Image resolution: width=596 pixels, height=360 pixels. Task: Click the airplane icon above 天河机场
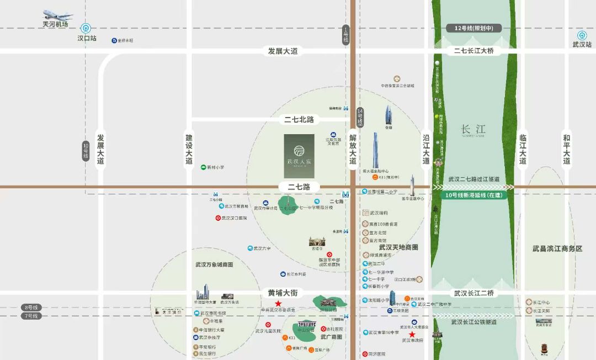click(57, 15)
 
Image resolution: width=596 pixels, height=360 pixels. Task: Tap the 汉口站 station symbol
click(86, 28)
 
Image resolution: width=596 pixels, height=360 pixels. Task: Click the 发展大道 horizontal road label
click(283, 51)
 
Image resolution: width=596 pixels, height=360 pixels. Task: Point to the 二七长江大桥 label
click(473, 51)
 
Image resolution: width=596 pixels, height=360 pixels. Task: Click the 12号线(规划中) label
click(473, 28)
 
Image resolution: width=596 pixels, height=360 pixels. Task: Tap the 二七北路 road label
click(299, 119)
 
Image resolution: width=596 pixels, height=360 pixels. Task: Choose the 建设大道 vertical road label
click(189, 149)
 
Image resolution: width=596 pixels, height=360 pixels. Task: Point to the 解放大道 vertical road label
click(353, 149)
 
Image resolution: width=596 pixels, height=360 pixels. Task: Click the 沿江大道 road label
click(425, 149)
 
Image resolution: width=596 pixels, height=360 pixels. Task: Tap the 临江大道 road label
click(523, 149)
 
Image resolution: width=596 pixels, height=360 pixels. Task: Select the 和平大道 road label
click(566, 149)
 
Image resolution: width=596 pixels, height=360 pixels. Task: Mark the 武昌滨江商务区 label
click(557, 249)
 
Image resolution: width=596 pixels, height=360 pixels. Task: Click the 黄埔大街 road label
click(283, 293)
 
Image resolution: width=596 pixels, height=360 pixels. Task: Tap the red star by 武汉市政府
click(412, 334)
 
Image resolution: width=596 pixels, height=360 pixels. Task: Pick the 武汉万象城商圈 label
click(214, 264)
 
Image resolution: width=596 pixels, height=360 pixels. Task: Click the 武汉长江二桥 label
click(473, 293)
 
